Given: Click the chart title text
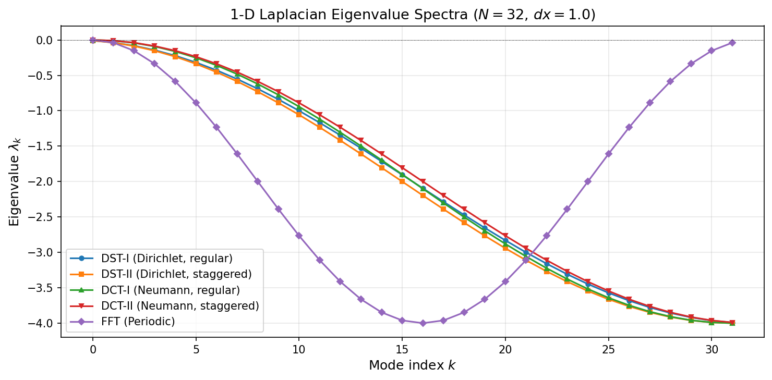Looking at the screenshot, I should click(x=413, y=15).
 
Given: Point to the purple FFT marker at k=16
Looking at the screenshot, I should click(x=423, y=323).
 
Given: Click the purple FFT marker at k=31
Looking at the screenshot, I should click(x=732, y=43).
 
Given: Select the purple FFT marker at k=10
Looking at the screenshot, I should click(x=299, y=236).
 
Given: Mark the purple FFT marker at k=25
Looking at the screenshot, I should click(x=608, y=154).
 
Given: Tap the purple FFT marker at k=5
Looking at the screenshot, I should click(x=196, y=103).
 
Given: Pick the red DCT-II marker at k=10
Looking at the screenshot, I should click(x=299, y=103).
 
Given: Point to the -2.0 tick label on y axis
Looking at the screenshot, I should click(x=42, y=182).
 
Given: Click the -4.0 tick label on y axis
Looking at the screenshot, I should click(x=42, y=323).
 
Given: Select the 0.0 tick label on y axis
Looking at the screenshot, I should click(x=45, y=40).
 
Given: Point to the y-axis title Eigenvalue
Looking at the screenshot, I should click(x=14, y=182).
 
